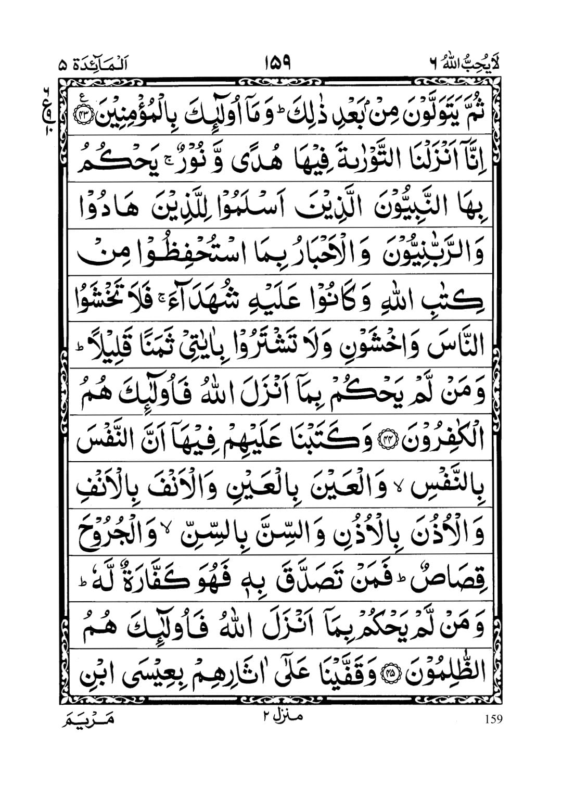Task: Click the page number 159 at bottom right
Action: click(x=492, y=719)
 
